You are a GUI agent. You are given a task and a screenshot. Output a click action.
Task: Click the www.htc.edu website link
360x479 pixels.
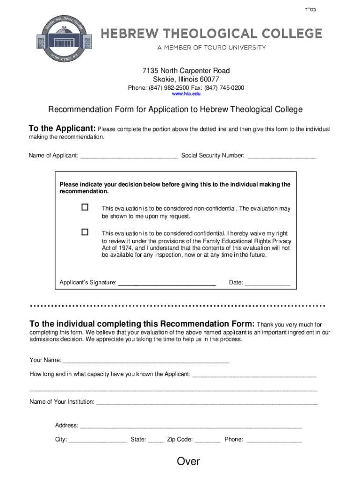[x=186, y=94]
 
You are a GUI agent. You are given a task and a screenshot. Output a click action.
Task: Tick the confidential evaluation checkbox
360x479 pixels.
[x=85, y=232]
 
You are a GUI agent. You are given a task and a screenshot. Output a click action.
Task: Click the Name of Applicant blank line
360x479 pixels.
[x=129, y=156]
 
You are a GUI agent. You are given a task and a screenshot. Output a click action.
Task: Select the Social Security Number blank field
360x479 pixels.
[x=281, y=156]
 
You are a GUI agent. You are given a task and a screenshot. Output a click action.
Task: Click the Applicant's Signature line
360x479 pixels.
[x=167, y=283]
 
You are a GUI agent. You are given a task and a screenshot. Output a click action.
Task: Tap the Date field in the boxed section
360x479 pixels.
[x=268, y=283]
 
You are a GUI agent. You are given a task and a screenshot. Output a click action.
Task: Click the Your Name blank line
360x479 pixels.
[x=146, y=361]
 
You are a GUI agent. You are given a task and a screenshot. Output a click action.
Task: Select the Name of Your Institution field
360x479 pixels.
[x=207, y=402]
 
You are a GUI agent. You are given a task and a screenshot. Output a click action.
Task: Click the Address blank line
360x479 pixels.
[x=191, y=426]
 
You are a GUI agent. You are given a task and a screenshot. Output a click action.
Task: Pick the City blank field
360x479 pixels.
[x=98, y=440]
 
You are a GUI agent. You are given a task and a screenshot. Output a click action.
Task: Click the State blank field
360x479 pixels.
[x=156, y=440]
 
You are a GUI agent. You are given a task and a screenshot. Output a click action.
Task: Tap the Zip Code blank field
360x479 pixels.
[x=207, y=440]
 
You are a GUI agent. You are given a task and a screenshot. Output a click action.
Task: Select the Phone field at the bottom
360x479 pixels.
[x=274, y=440]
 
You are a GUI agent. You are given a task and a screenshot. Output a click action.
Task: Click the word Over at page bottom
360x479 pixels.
[x=188, y=462]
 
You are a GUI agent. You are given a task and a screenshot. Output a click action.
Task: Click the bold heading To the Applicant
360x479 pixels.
[x=62, y=129]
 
